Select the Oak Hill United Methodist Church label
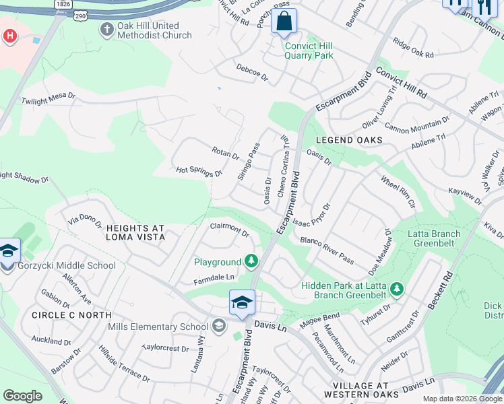click(154, 30)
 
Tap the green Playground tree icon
click(252, 261)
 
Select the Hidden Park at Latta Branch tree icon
click(397, 290)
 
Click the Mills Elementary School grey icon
click(218, 327)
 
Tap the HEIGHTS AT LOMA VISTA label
click(135, 233)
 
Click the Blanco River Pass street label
click(327, 249)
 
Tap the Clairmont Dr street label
click(230, 230)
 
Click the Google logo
click(22, 396)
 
